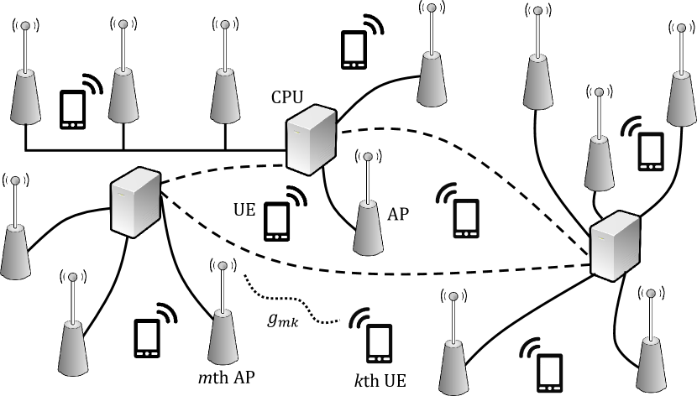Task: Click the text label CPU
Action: click(x=287, y=97)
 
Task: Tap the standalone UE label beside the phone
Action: click(x=244, y=210)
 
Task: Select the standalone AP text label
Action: click(x=398, y=214)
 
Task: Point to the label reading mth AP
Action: click(x=226, y=378)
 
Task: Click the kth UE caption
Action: click(x=380, y=380)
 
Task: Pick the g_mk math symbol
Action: click(x=283, y=320)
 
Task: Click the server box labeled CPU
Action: click(x=311, y=139)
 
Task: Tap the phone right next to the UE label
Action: click(x=276, y=221)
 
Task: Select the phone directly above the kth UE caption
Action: click(x=380, y=343)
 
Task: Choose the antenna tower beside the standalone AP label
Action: click(x=368, y=204)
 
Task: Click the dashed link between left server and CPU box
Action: click(x=223, y=169)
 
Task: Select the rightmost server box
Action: click(x=616, y=246)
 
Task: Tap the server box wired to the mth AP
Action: click(x=135, y=202)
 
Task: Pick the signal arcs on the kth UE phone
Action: click(x=359, y=317)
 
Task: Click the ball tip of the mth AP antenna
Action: click(x=223, y=266)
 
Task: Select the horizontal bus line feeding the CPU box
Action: click(x=155, y=150)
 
